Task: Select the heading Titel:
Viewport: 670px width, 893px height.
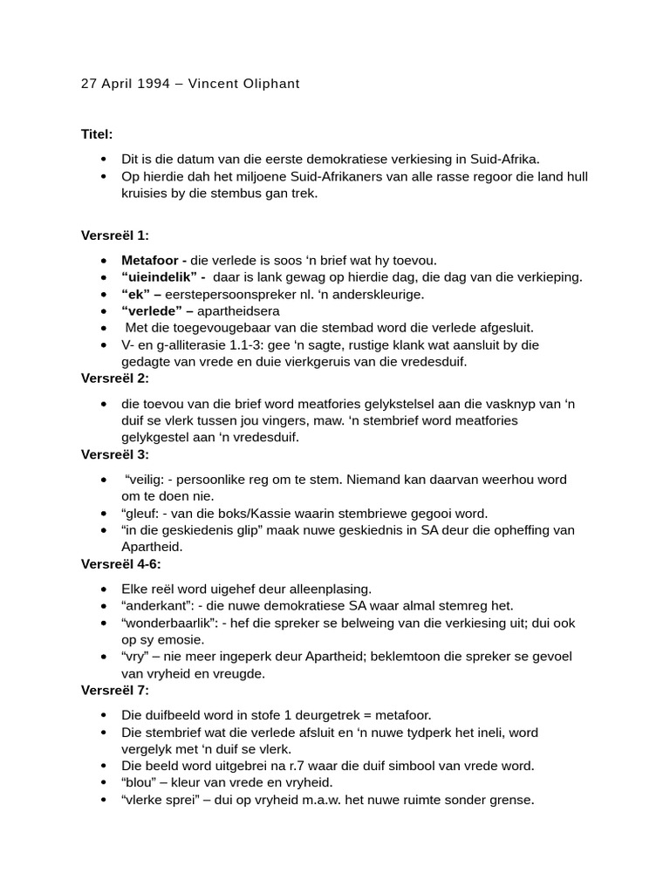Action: [x=97, y=134]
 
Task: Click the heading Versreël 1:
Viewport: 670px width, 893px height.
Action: [x=114, y=235]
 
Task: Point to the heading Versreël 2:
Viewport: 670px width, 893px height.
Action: [x=114, y=378]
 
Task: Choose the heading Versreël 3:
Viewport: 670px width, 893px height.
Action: [x=114, y=454]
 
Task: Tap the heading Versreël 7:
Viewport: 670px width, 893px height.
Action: [x=114, y=690]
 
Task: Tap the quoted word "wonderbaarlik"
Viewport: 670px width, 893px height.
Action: [x=169, y=623]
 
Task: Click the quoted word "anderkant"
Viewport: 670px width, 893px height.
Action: [x=154, y=605]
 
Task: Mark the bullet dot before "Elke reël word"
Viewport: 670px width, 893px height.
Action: [x=104, y=589]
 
